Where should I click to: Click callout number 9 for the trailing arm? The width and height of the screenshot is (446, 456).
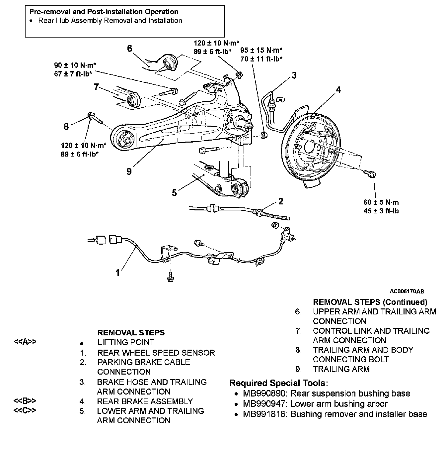click(x=129, y=171)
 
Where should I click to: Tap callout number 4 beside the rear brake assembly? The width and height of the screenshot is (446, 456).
click(x=338, y=90)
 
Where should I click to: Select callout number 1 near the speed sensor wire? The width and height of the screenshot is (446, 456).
click(x=117, y=273)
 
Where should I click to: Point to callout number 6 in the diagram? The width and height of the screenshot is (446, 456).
click(x=130, y=49)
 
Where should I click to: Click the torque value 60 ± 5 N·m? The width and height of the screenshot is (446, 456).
click(x=381, y=202)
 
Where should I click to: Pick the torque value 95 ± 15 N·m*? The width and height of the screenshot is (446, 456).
click(x=261, y=50)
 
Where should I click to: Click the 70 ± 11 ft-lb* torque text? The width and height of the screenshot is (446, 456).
click(x=261, y=59)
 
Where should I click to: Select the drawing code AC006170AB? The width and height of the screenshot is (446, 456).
click(x=407, y=291)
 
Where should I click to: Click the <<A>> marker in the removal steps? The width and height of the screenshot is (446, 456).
click(x=25, y=342)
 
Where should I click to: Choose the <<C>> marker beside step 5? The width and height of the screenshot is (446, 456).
click(x=25, y=410)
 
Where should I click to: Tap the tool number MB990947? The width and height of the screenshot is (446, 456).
click(x=264, y=404)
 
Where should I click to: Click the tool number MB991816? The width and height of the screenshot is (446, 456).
click(x=264, y=414)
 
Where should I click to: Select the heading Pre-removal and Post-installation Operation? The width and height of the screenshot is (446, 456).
click(x=104, y=12)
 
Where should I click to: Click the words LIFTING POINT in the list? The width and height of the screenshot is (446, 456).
click(x=126, y=342)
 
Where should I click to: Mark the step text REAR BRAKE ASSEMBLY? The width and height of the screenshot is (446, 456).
click(x=145, y=401)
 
